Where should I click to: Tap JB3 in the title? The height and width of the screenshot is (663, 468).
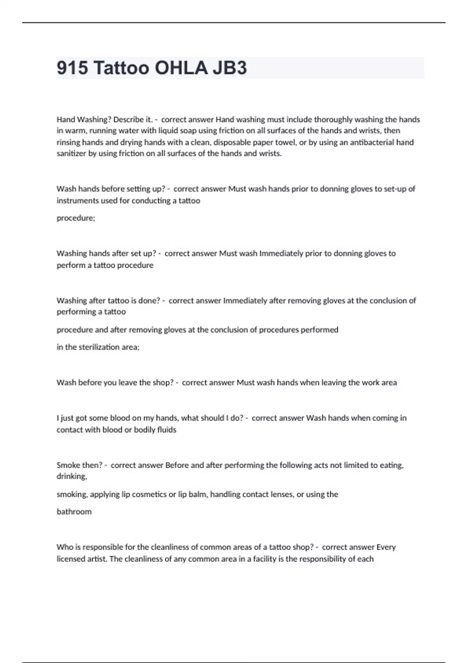[230, 68]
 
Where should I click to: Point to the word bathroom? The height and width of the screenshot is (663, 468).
[74, 512]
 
